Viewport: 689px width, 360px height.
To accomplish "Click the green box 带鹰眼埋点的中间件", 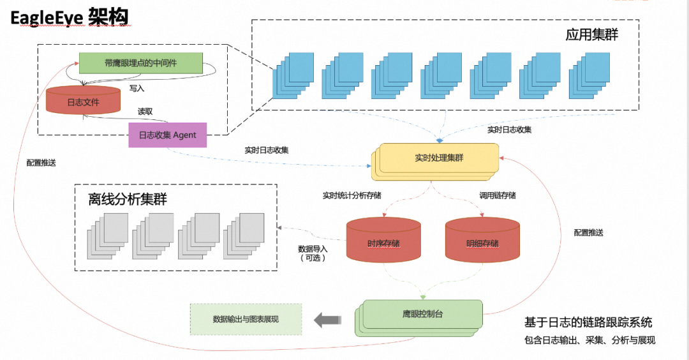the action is tap(140, 63).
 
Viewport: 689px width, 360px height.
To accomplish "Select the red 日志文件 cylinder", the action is tap(83, 100).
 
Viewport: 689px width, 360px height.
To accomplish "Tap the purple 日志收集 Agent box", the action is tap(167, 135).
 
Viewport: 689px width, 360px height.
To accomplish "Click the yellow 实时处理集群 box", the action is tap(436, 161).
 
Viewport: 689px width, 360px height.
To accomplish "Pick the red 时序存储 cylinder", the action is tap(383, 240).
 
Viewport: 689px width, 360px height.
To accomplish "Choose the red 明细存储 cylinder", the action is tap(482, 240).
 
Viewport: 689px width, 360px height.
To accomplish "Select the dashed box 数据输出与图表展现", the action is tap(246, 319).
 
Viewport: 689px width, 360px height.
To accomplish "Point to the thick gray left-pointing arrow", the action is tap(327, 320).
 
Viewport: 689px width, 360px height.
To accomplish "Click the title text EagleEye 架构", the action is tap(70, 18).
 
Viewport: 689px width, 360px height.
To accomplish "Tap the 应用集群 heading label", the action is tap(591, 34).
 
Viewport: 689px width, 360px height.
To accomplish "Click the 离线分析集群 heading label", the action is tap(128, 199).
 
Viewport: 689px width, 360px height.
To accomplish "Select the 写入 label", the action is tap(137, 88).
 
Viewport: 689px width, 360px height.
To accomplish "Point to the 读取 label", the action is tap(145, 112).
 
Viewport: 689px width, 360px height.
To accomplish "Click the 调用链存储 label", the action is tap(498, 195).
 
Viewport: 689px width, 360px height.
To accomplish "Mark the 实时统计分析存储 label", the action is tap(352, 195).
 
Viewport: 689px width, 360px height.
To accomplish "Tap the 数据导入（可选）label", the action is tap(313, 253).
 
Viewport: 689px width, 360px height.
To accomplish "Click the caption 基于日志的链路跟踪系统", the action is tap(588, 322).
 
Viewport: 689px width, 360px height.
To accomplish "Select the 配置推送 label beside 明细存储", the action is tap(588, 232).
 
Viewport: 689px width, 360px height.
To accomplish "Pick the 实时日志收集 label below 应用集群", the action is tap(509, 130).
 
